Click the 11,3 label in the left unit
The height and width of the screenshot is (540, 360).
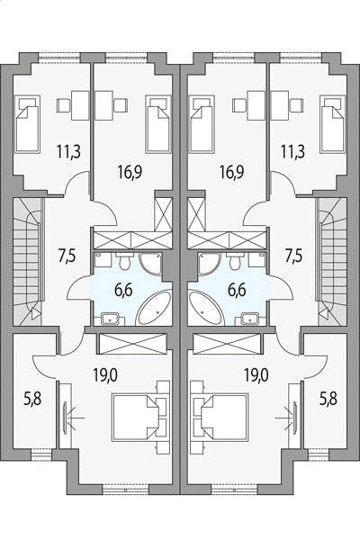pyautogui.click(x=69, y=151)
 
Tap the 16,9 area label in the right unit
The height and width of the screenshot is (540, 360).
pyautogui.click(x=232, y=172)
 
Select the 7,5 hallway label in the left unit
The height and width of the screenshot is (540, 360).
pyautogui.click(x=67, y=256)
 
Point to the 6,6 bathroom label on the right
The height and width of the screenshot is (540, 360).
pyautogui.click(x=237, y=290)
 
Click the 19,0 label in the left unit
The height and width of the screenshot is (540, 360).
pyautogui.click(x=105, y=375)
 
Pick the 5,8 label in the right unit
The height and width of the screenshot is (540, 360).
pyautogui.click(x=328, y=399)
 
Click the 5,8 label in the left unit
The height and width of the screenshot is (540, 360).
pyautogui.click(x=32, y=400)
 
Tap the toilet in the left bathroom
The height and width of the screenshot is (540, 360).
pyautogui.click(x=124, y=261)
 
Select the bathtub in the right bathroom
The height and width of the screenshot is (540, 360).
pyautogui.click(x=206, y=308)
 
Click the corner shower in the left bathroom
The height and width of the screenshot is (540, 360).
pyautogui.click(x=150, y=264)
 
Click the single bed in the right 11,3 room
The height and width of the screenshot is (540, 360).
pyautogui.click(x=333, y=123)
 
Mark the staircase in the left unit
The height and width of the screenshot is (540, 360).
pyautogui.click(x=28, y=261)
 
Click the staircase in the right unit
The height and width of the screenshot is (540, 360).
pyautogui.click(x=332, y=261)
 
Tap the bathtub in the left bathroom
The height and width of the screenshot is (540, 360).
pyautogui.click(x=154, y=308)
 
